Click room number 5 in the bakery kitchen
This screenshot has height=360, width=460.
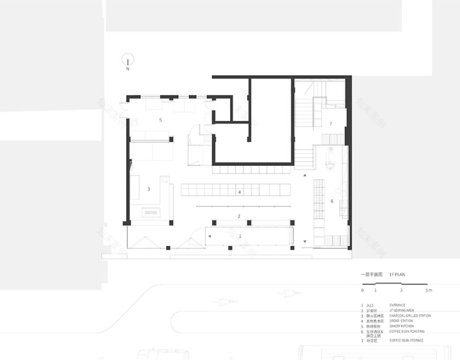pos(160,120)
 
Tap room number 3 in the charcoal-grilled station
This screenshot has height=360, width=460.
pos(149,189)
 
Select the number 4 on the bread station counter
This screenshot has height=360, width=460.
pos(239,193)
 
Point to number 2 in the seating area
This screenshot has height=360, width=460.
pos(239,216)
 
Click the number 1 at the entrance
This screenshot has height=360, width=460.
pos(240,237)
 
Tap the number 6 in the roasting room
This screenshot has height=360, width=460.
pos(331,201)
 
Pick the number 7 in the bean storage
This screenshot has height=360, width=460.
pos(330,124)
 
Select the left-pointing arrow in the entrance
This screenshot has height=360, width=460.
pos(209,237)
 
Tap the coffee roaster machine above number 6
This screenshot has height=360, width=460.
pos(329,158)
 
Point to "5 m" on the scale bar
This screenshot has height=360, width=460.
pos(429,289)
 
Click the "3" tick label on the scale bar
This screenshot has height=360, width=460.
pos(401,289)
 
